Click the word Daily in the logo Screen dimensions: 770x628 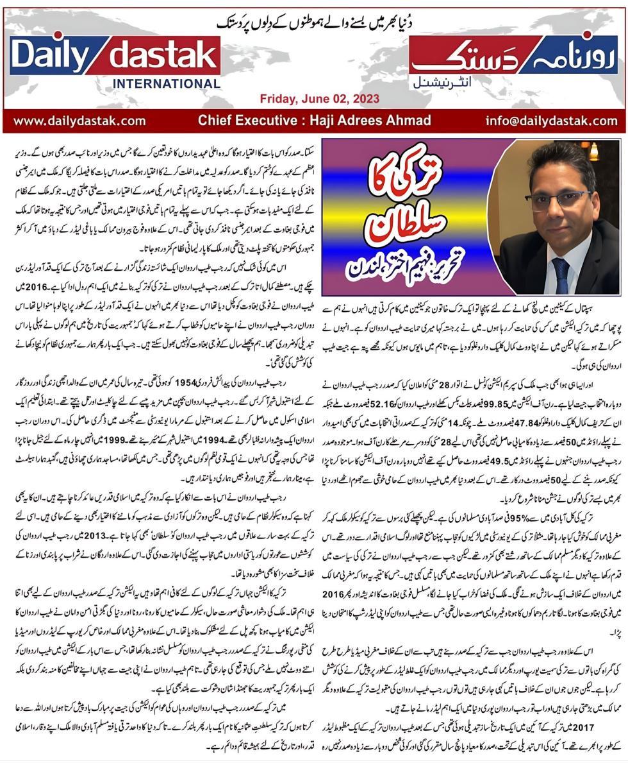pos(54,58)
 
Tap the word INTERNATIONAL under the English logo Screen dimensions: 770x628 pos(166,83)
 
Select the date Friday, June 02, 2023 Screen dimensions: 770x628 pos(319,99)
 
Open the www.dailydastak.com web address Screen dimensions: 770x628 pos(79,120)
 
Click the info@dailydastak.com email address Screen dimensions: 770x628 pos(551,120)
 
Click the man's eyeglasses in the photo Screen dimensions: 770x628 pos(554,200)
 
